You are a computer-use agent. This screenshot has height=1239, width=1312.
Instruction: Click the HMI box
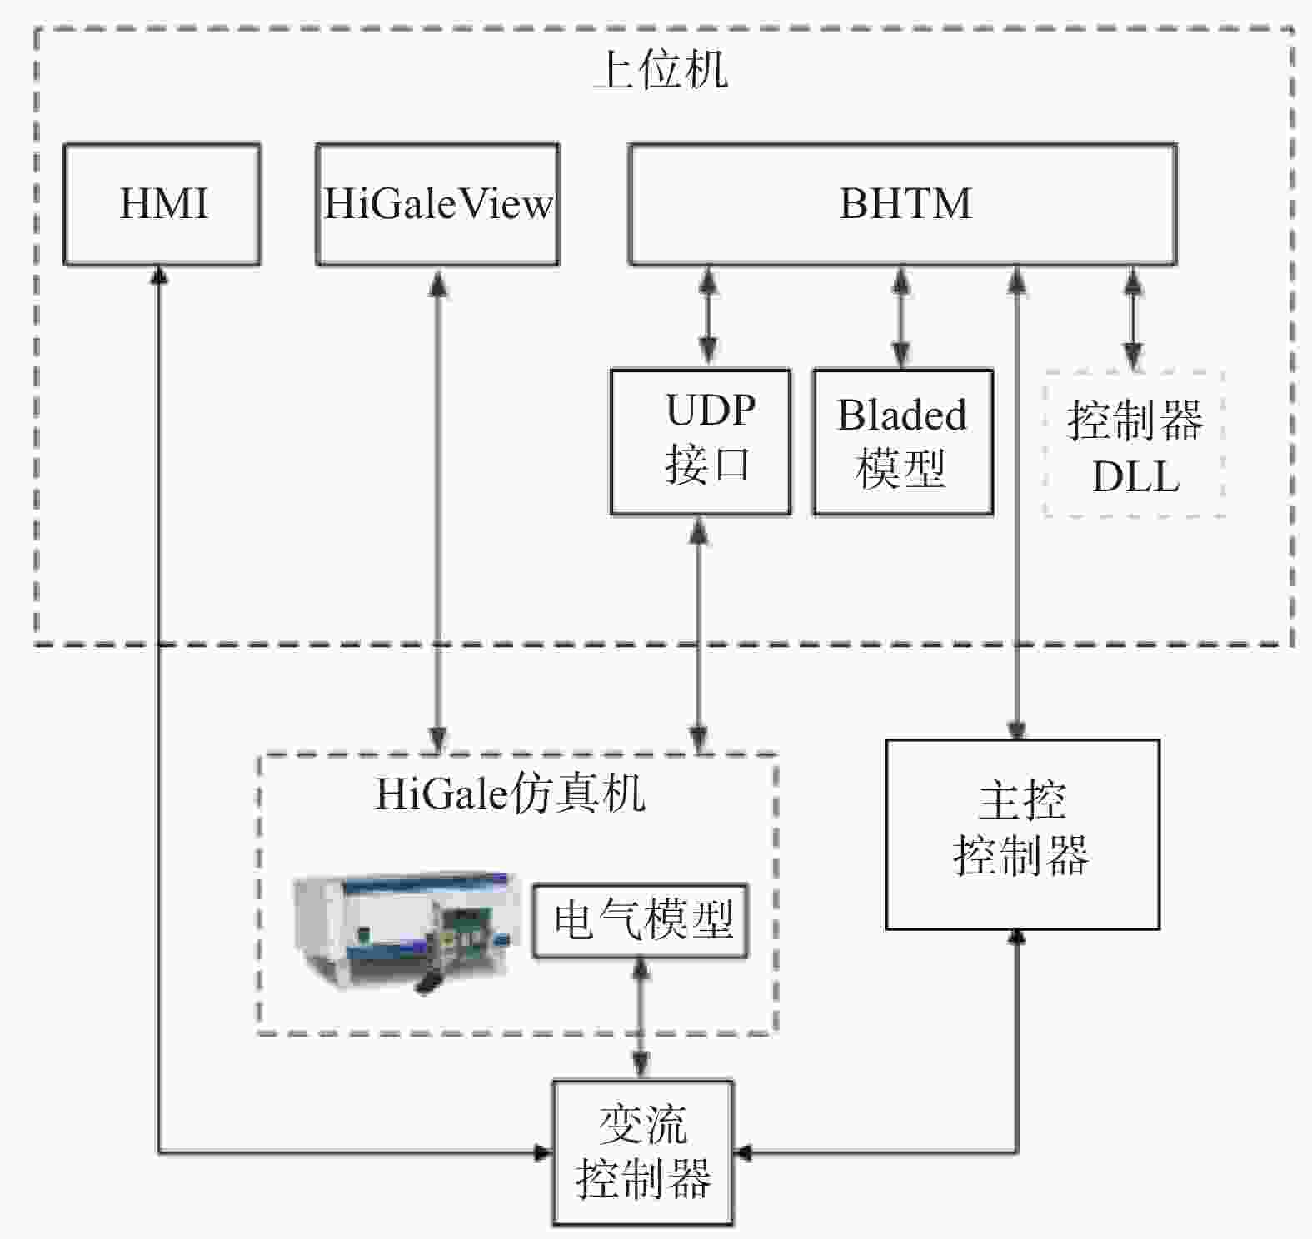point(162,205)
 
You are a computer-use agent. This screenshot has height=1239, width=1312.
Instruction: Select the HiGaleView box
point(437,205)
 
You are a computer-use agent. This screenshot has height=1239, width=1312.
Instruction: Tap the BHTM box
point(903,205)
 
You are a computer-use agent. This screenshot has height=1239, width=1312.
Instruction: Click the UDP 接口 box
point(701,442)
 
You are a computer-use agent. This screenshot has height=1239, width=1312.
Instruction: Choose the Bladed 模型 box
point(903,442)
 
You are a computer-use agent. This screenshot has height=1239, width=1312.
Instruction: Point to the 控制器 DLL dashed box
point(1134,444)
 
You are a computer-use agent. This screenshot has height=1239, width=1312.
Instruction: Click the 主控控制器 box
point(1022,834)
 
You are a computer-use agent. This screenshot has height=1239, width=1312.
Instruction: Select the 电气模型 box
point(641,921)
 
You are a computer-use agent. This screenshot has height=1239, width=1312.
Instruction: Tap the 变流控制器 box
point(643,1153)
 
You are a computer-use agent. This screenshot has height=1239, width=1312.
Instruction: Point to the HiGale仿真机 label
point(510,793)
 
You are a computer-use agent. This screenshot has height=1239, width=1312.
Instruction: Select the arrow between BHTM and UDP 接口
point(708,317)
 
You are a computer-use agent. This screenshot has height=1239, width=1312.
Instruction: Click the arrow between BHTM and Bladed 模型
point(900,317)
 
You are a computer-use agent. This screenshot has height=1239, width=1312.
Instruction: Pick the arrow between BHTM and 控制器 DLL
point(1132,318)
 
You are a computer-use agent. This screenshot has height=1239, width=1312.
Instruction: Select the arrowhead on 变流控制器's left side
point(542,1152)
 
